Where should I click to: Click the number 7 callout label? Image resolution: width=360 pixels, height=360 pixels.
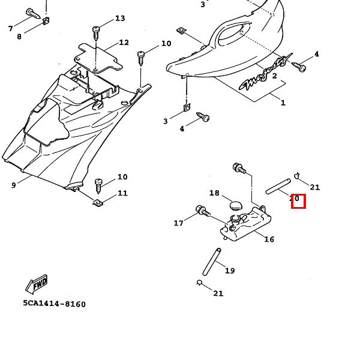coord(10,29)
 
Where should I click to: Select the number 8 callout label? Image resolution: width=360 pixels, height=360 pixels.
coord(19,37)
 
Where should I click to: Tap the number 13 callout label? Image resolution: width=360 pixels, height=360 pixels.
coord(120,19)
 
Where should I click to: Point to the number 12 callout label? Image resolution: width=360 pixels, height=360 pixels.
coord(124,43)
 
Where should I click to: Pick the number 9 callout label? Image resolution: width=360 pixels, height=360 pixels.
coord(13,185)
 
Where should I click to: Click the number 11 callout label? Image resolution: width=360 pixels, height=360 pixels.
coord(122,193)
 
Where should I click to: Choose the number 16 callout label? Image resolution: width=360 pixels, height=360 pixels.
coord(269,239)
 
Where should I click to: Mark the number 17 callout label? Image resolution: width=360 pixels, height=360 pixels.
coord(178,223)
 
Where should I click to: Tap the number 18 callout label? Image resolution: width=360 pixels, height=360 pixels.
coord(214,193)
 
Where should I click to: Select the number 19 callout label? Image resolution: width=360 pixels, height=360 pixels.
coord(230,271)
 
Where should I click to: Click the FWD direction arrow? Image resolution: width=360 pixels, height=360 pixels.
coord(37,284)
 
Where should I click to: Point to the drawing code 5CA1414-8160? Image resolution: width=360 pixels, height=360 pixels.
coord(55,304)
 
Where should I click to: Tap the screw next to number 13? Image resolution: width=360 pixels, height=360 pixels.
coord(95,31)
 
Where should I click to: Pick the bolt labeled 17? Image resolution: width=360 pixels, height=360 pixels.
coord(202,211)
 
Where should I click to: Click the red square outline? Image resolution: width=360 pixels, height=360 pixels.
coord(298,202)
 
